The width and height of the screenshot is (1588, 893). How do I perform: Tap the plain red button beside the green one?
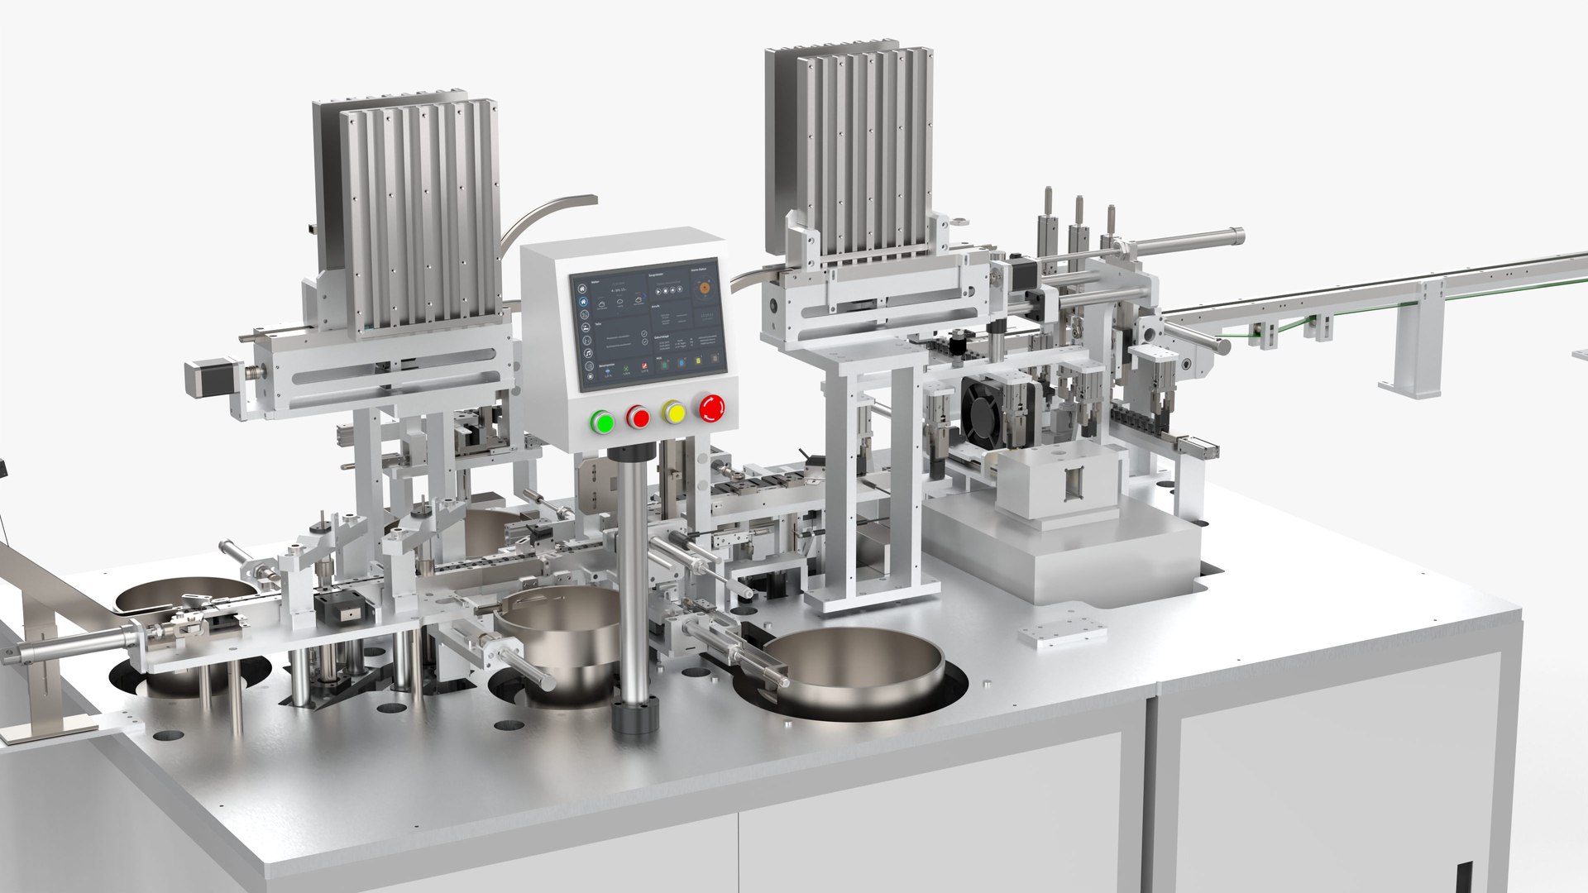point(638,417)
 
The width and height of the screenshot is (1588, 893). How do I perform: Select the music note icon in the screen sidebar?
point(586,353)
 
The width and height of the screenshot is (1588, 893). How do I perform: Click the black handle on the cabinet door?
point(1463,877)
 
